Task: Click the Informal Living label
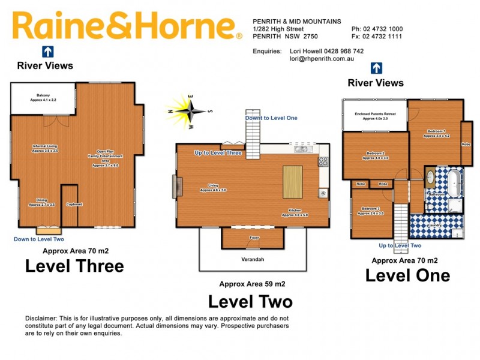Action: (45, 148)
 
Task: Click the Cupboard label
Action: (74, 205)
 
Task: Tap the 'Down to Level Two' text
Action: (38, 239)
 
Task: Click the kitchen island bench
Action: (293, 182)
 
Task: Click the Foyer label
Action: (253, 238)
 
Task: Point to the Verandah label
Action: (253, 259)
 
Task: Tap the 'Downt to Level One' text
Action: (271, 118)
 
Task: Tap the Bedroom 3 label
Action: (368, 211)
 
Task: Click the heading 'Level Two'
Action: (250, 301)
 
